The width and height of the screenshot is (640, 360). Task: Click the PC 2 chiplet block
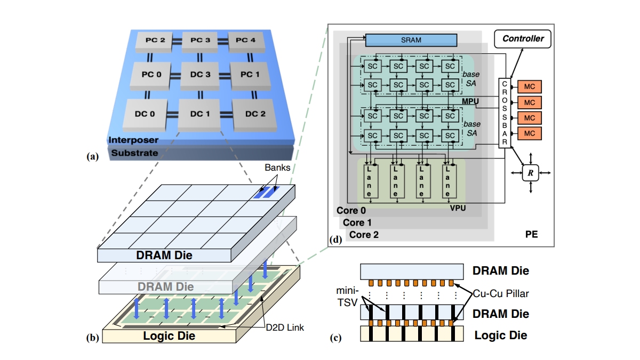[151, 41]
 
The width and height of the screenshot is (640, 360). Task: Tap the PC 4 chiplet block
[245, 41]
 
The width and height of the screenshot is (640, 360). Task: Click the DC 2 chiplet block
[255, 114]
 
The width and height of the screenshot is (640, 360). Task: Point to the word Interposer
[133, 140]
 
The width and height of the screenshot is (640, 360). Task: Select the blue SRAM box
[411, 40]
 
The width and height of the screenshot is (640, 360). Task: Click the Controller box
[523, 38]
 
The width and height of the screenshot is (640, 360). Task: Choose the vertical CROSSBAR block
[505, 113]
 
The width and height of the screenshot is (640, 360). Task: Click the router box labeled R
[531, 172]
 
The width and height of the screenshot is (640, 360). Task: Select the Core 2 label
[364, 234]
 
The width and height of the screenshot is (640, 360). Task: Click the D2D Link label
[285, 327]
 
